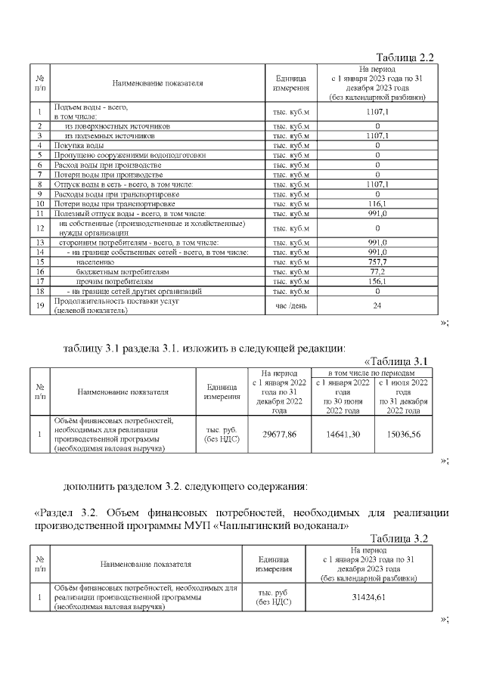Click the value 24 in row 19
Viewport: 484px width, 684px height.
click(x=377, y=305)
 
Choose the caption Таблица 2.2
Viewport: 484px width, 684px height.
click(x=404, y=57)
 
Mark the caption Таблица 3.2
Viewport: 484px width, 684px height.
click(x=401, y=538)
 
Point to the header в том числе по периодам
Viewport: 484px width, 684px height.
click(x=371, y=373)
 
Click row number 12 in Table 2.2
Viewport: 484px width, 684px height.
click(x=39, y=228)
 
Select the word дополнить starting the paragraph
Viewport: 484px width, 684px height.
click(x=89, y=486)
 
